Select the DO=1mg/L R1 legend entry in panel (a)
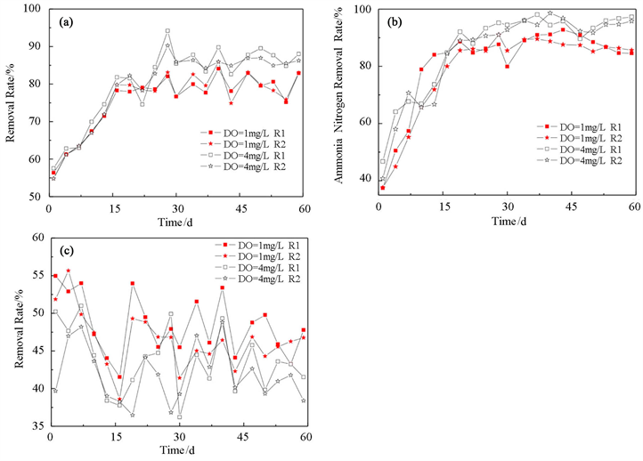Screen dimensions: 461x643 [245, 133]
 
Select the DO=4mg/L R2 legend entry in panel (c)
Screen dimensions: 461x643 [257, 280]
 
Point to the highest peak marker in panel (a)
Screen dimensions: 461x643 [167, 31]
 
